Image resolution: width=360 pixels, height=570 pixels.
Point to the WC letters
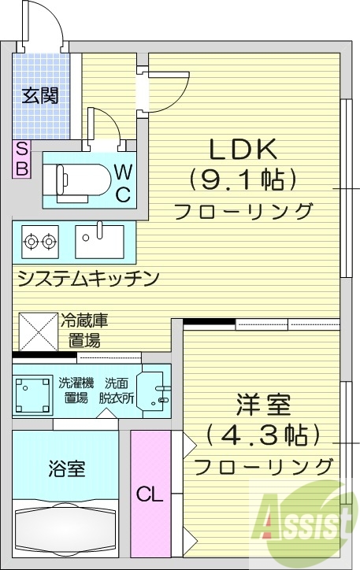tap(123, 183)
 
